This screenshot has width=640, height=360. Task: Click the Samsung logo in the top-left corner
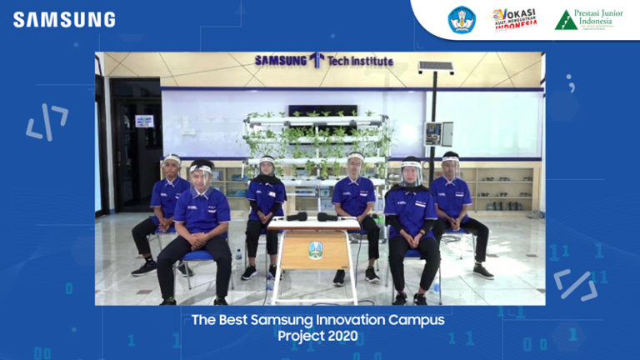pos(64,19)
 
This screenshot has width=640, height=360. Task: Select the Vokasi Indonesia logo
pos(514,19)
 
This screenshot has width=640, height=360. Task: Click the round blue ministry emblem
pos(462,20)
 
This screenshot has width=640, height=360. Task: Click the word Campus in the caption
pos(415,320)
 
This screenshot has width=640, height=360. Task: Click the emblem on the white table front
pos(315,248)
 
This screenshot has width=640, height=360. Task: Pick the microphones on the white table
pos(312,217)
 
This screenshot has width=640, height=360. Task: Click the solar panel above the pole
pos(436,67)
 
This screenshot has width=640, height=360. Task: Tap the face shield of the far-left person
pos(172,162)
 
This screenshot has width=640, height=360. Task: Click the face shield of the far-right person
pos(451,159)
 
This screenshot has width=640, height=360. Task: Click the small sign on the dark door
pos(144,121)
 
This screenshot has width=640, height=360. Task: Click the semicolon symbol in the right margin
pos(571,82)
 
